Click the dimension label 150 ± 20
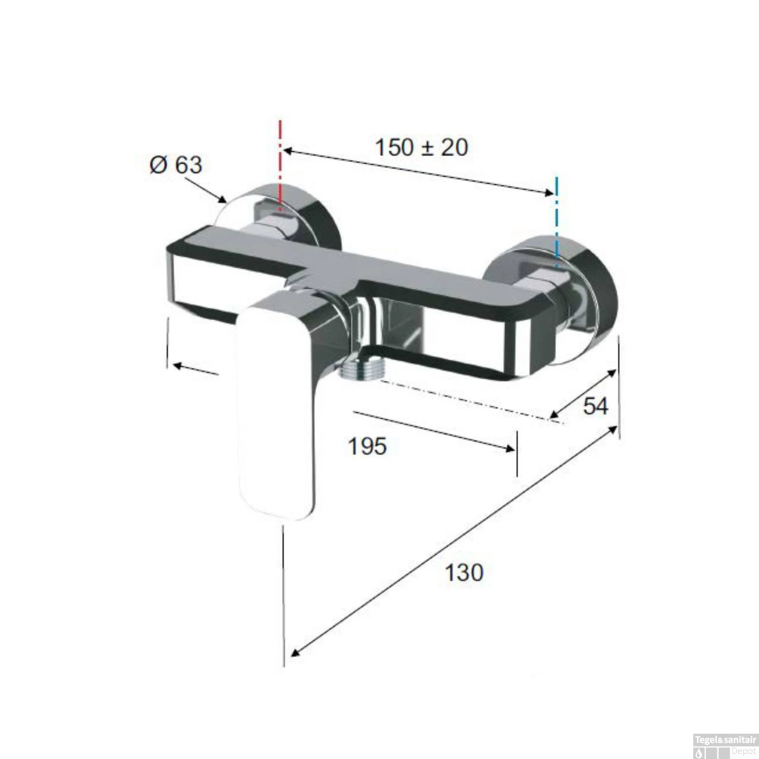coord(421,147)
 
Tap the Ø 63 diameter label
coord(176,165)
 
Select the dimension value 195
coord(367,446)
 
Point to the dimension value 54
coord(595,406)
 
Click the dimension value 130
coord(463,573)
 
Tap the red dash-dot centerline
coord(280,162)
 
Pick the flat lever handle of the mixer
coord(276,415)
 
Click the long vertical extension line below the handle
coord(284,597)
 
